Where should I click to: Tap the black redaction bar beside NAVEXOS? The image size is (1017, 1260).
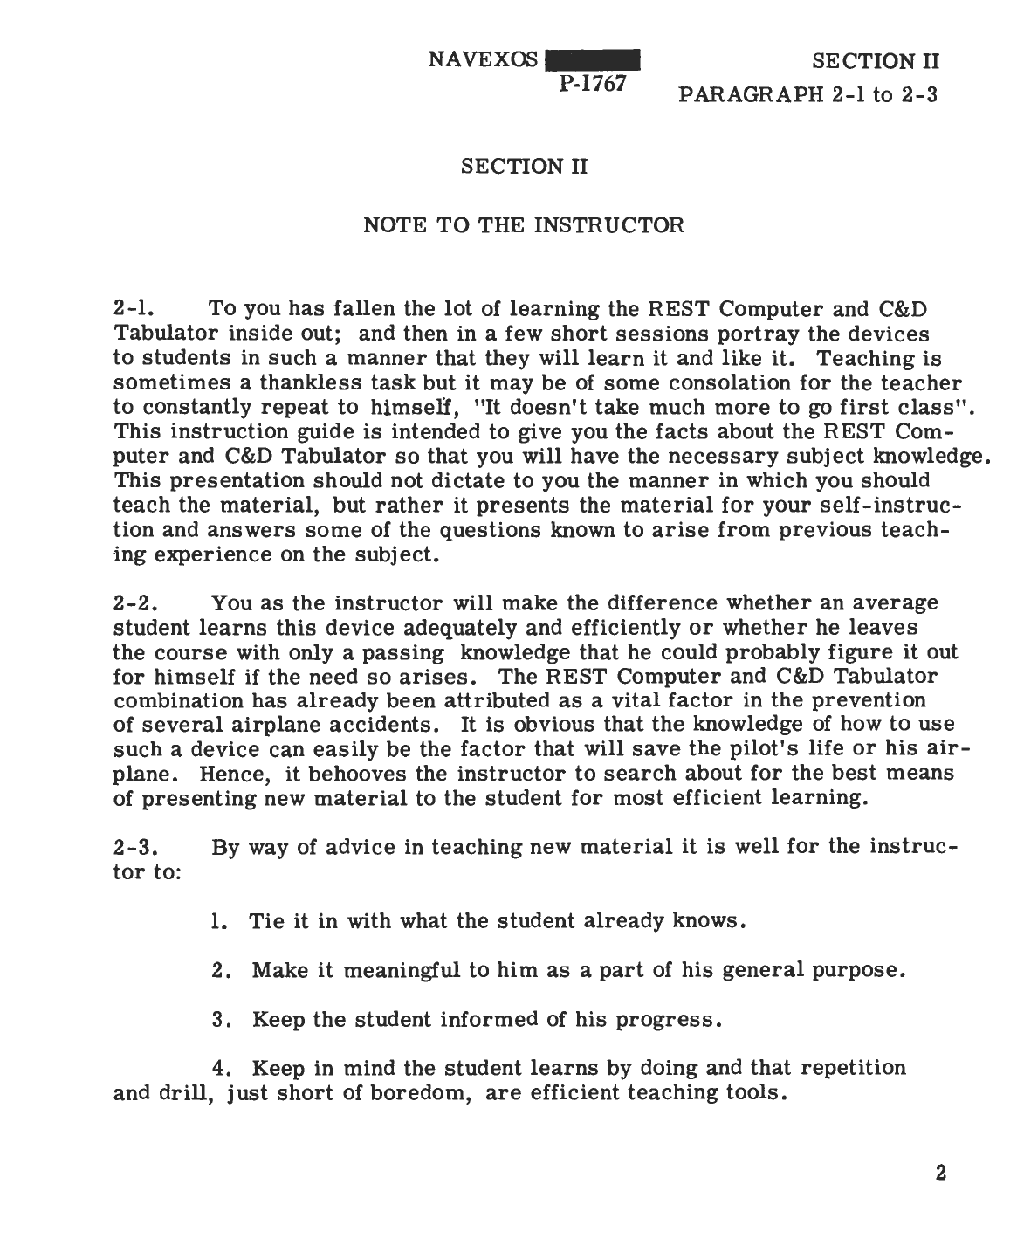pyautogui.click(x=593, y=60)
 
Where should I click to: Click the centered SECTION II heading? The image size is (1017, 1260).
pyautogui.click(x=523, y=166)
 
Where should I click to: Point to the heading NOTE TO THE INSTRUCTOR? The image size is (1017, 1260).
pyautogui.click(x=523, y=225)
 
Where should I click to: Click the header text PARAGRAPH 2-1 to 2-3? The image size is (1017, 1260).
pyautogui.click(x=807, y=94)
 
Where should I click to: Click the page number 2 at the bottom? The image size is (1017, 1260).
pyautogui.click(x=941, y=1173)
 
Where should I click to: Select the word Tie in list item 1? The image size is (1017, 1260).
pyautogui.click(x=262, y=921)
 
